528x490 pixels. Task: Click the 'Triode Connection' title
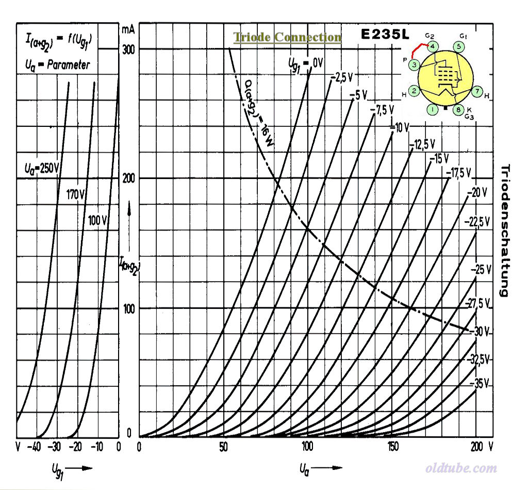point(287,37)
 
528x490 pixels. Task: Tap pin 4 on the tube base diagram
point(433,47)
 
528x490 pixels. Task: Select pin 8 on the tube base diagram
point(458,109)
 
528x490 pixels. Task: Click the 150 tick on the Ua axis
point(392,446)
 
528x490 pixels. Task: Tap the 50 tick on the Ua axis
point(224,446)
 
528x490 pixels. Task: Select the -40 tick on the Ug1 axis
point(35,447)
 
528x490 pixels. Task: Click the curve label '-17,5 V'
point(462,172)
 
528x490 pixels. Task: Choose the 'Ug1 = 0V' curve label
point(305,63)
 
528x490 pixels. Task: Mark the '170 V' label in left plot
point(76,194)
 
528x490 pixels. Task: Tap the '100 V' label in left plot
point(97,220)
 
